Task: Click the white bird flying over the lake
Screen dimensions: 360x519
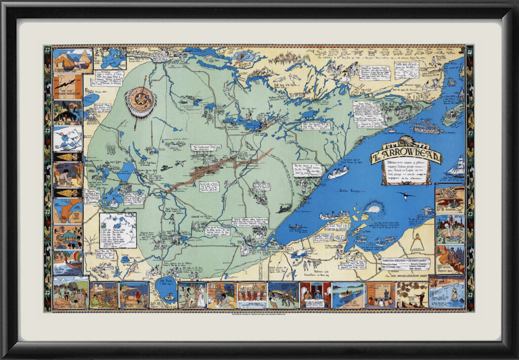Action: click(x=405, y=195)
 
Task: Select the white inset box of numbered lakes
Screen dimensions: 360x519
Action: click(x=118, y=230)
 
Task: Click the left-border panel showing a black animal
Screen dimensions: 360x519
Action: click(x=68, y=113)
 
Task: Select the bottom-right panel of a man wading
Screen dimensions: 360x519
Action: click(x=447, y=293)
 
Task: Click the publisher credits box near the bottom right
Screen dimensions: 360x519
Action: click(x=405, y=265)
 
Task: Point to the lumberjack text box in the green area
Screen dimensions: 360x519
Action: click(x=206, y=148)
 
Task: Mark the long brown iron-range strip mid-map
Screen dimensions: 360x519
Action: click(x=218, y=168)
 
